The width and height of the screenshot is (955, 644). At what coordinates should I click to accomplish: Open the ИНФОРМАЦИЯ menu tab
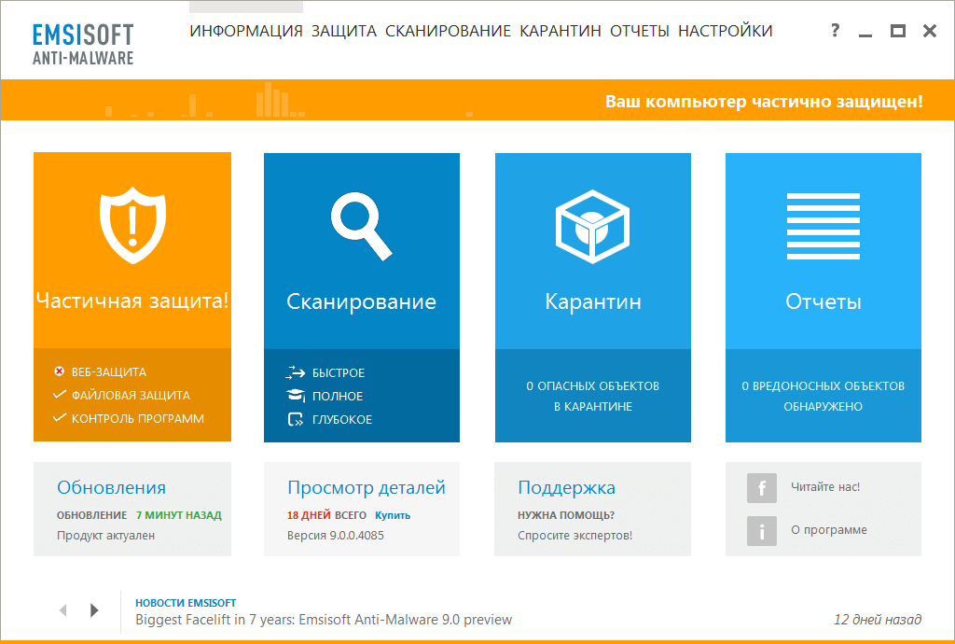pos(246,31)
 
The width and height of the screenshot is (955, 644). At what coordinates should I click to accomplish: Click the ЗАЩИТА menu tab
pos(344,31)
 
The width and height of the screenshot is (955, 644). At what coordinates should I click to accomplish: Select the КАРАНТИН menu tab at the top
pos(561,31)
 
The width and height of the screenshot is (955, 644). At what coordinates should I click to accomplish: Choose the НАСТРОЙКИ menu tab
pos(726,31)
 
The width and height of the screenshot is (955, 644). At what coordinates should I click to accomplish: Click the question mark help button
pos(836,31)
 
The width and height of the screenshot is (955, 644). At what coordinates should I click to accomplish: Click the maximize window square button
pos(898,31)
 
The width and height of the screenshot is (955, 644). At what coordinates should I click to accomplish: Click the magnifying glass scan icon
pos(360,226)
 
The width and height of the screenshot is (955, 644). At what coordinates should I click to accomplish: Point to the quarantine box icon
pos(592,224)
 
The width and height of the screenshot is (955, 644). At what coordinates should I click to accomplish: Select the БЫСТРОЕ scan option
pos(338,373)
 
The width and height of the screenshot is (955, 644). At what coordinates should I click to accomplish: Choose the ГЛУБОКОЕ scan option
pos(341,420)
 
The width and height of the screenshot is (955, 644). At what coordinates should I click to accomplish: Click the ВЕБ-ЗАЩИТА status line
pos(108,371)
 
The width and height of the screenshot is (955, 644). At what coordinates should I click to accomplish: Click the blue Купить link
pos(393,515)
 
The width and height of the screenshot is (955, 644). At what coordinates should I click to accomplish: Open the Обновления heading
pos(111,487)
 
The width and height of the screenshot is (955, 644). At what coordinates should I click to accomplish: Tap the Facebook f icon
pos(762,488)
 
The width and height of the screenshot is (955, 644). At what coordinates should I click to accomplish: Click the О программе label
pos(829,530)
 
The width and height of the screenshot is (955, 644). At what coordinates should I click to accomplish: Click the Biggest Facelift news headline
pos(324,620)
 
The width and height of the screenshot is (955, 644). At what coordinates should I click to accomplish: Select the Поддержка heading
pos(566,487)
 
